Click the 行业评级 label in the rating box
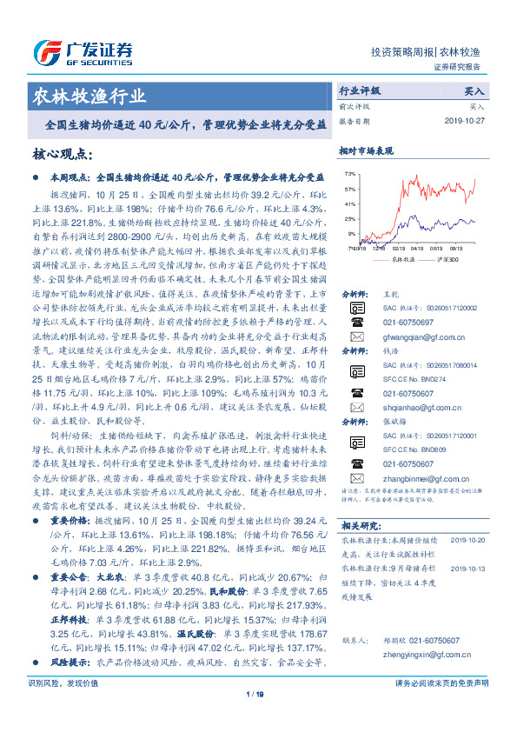pyautogui.click(x=360, y=90)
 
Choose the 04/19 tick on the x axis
pyautogui.click(x=421, y=247)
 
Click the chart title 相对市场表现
pyautogui.click(x=366, y=150)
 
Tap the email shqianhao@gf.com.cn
pyautogui.click(x=401, y=406)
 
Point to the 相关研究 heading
pyautogui.click(x=360, y=525)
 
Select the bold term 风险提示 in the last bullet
pyautogui.click(x=67, y=662)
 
